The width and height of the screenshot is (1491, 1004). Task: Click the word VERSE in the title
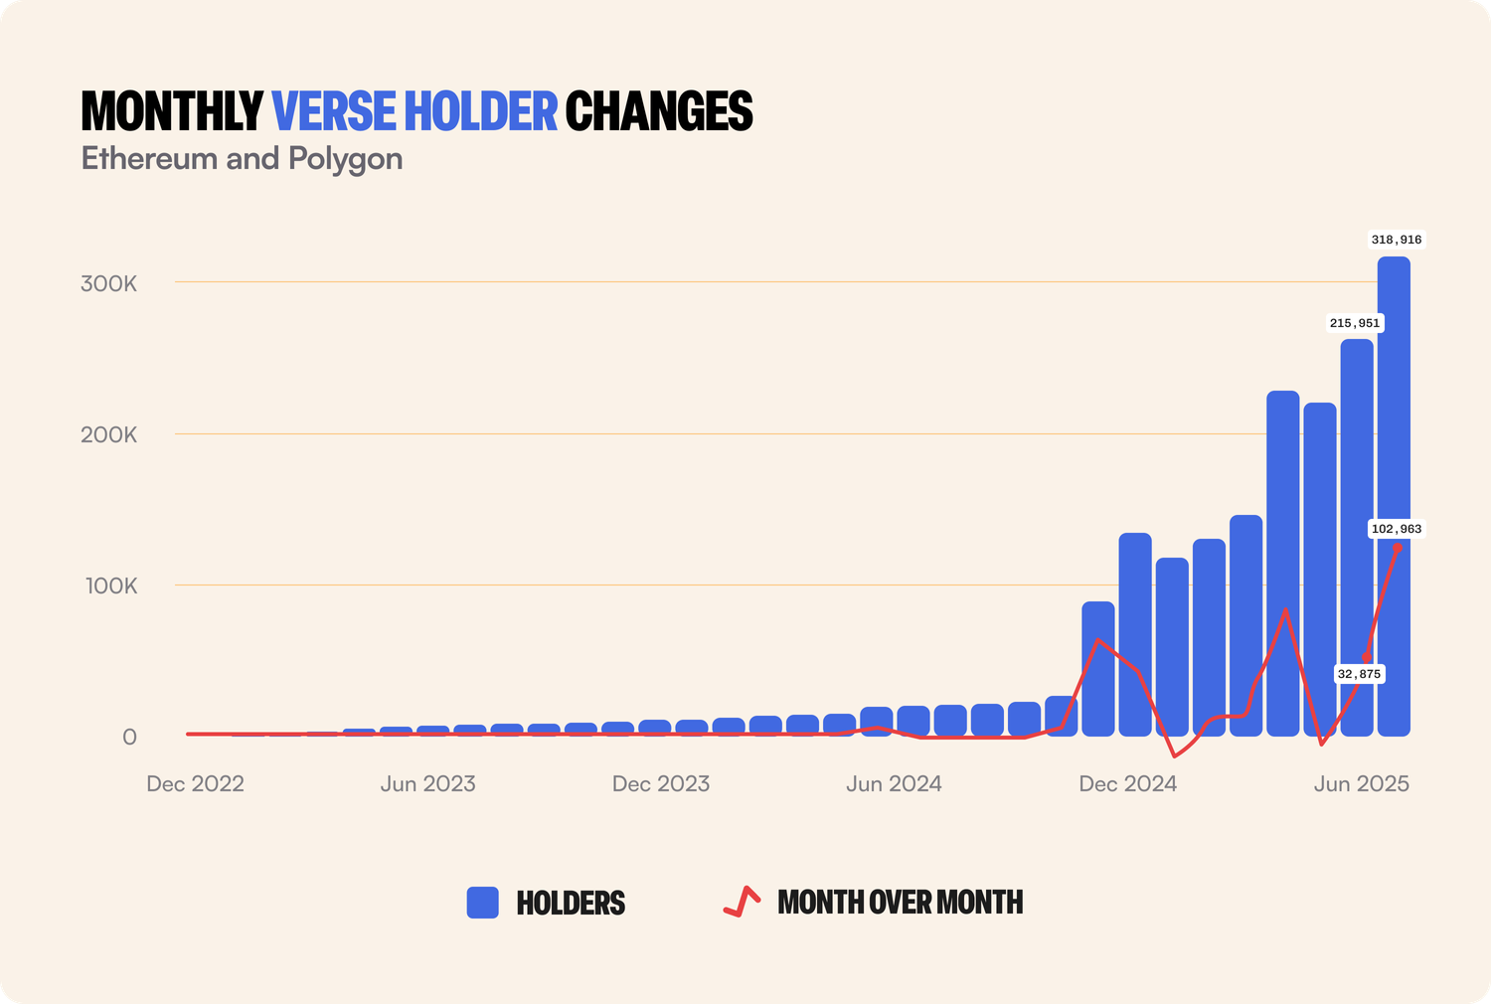click(334, 111)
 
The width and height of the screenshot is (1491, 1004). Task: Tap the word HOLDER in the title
click(481, 111)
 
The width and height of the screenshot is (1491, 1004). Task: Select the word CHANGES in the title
click(659, 111)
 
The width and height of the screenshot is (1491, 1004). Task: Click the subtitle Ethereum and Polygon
click(242, 159)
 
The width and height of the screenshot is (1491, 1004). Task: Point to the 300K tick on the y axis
click(109, 283)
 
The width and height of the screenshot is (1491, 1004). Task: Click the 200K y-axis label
click(109, 434)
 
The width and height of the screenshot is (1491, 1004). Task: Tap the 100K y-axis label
click(111, 586)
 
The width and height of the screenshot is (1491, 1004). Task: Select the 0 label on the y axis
click(129, 737)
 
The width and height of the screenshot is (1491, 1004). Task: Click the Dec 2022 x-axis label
click(195, 783)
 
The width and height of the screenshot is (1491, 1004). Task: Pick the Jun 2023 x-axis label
click(427, 783)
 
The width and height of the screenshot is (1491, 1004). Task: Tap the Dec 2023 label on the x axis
click(661, 783)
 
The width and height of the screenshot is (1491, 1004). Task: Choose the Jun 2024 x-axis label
click(894, 783)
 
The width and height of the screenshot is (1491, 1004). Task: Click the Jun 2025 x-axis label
click(1361, 783)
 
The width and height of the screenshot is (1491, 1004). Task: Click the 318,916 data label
click(1397, 240)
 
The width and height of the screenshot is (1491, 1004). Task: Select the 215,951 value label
click(1355, 323)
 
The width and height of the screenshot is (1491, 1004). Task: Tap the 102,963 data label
click(1397, 529)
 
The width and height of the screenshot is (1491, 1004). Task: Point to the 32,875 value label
click(1359, 674)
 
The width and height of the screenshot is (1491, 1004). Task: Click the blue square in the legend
click(483, 903)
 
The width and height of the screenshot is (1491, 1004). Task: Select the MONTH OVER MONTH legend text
click(900, 903)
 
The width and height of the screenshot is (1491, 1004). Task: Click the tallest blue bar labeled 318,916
click(1394, 497)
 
